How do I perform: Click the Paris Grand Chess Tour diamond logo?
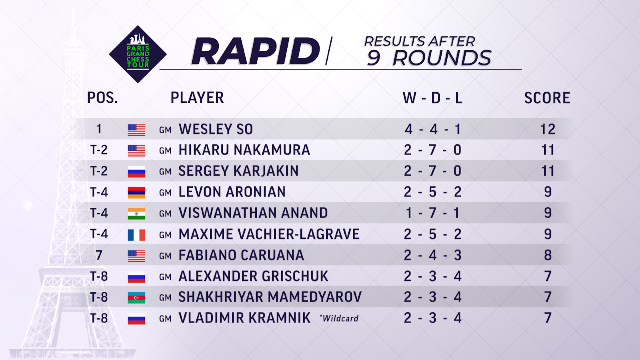[138, 54]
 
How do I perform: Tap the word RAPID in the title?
[255, 51]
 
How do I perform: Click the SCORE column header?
[547, 98]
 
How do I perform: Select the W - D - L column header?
[432, 98]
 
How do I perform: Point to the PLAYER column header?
[197, 98]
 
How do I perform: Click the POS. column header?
[102, 98]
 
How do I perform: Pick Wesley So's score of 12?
[548, 129]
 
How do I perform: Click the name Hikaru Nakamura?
[244, 150]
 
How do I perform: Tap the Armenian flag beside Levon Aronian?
[136, 192]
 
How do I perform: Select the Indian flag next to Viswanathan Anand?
[136, 214]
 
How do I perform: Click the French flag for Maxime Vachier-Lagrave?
[136, 235]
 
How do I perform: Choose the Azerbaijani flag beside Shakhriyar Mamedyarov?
[136, 298]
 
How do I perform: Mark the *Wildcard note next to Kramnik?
[339, 318]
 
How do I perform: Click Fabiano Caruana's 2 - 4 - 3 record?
[432, 255]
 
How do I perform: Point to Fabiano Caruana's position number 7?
[99, 255]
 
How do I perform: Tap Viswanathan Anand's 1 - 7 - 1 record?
[432, 213]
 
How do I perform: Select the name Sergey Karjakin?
[238, 171]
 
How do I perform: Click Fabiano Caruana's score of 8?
[548, 255]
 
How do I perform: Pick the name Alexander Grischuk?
[254, 276]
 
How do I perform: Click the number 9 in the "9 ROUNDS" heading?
[374, 58]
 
